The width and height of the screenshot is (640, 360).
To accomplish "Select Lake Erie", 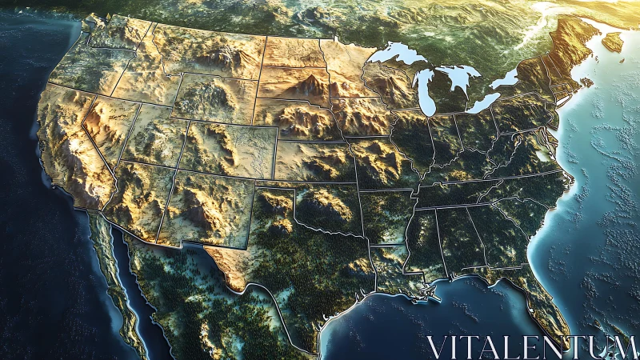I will (x=483, y=102).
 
